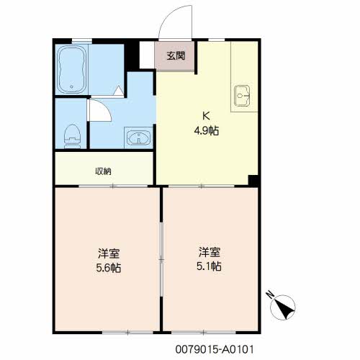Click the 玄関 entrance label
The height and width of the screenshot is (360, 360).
(x=176, y=56)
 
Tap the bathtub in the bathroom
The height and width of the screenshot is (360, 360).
(x=72, y=70)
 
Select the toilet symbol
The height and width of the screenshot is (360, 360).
(x=72, y=136)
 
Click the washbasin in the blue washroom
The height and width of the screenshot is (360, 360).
(x=138, y=138)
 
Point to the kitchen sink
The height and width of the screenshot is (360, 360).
(x=242, y=95)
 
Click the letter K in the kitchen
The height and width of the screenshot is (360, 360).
(x=206, y=116)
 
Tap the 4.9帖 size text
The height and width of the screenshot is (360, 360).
(x=207, y=131)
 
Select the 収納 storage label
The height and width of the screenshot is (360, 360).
(x=104, y=171)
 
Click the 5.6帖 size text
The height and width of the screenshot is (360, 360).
(x=109, y=268)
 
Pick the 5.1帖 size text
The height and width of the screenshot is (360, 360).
(x=209, y=266)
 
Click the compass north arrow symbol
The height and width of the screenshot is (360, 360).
(x=282, y=307)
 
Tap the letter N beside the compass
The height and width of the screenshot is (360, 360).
(x=270, y=294)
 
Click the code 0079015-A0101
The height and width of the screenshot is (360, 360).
(x=215, y=349)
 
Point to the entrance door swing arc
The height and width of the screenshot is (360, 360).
(x=170, y=15)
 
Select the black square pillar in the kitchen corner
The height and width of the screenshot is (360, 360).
(x=253, y=180)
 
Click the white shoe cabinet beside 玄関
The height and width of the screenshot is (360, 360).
(x=147, y=55)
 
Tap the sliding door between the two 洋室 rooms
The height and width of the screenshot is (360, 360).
(x=161, y=259)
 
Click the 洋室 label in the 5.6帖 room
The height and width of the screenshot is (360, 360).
(x=109, y=253)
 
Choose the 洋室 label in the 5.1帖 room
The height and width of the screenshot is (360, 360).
(x=210, y=252)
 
